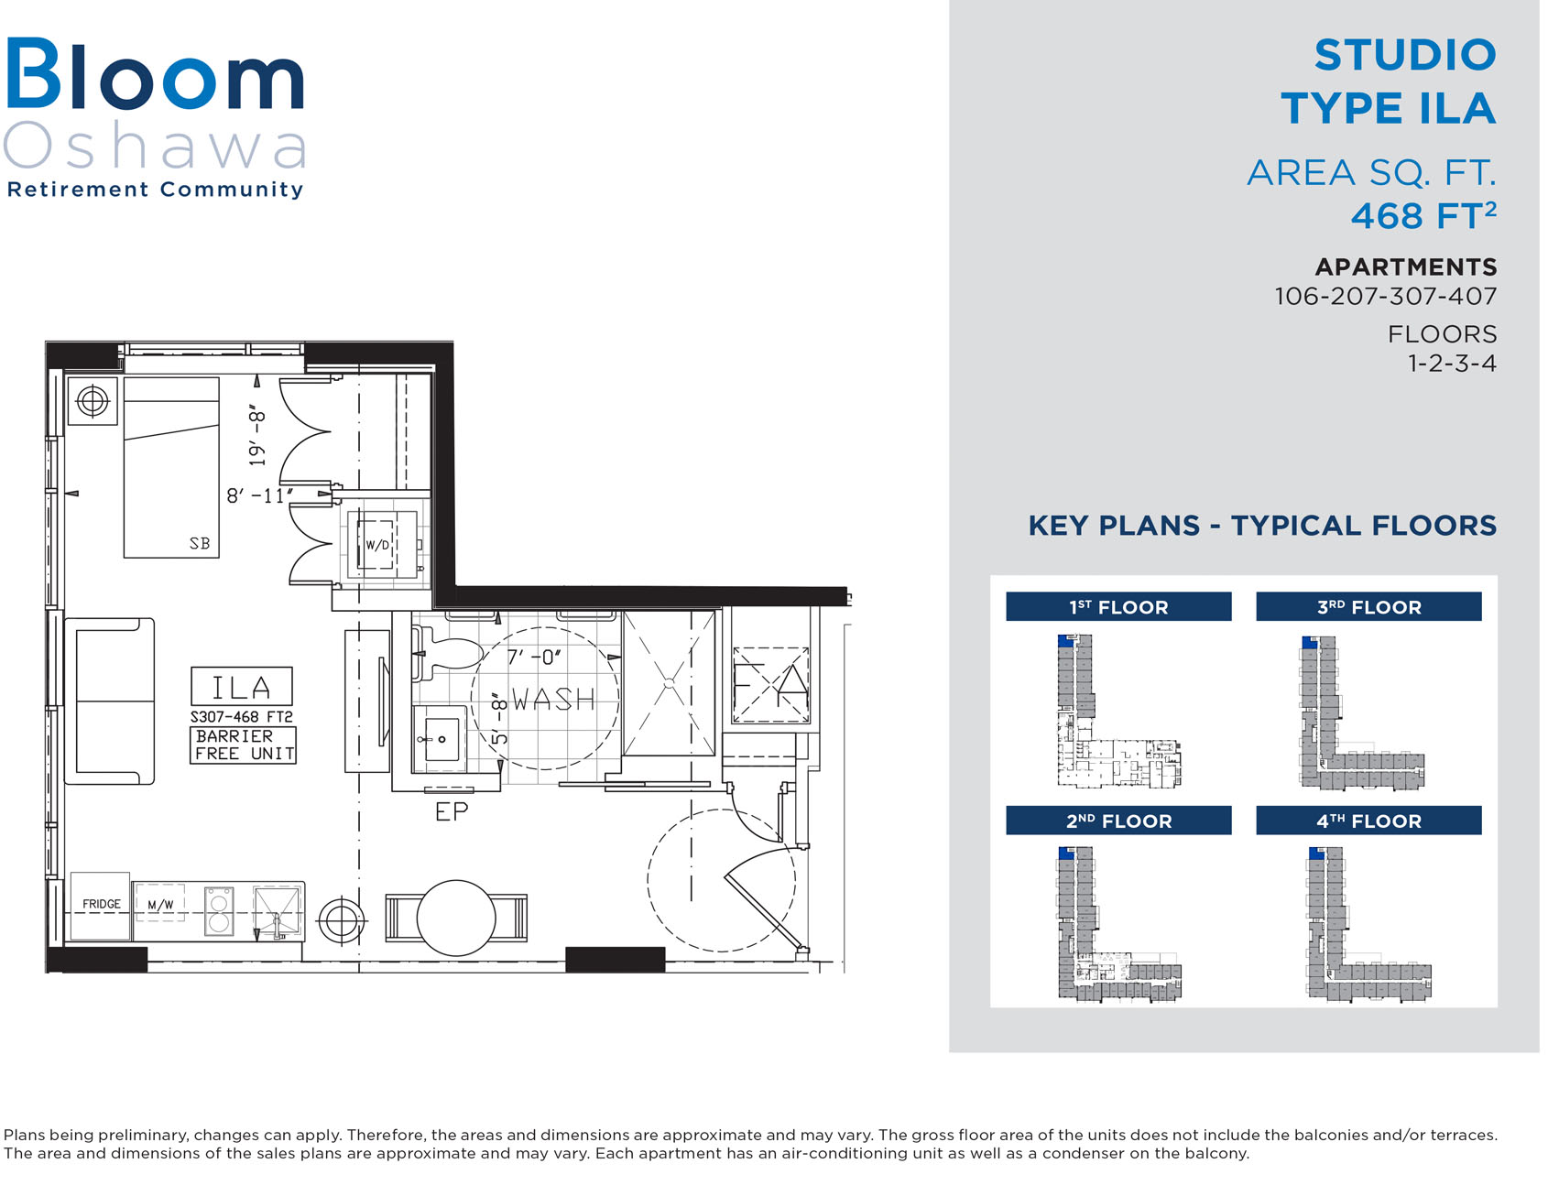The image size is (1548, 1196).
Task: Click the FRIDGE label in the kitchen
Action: point(101,904)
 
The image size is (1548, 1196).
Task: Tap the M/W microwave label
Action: point(160,905)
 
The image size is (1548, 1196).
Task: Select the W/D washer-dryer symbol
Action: point(377,545)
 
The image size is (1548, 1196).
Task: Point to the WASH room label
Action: point(553,700)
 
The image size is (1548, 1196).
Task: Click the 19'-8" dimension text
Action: point(257,437)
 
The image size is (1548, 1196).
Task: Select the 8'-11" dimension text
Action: point(260,495)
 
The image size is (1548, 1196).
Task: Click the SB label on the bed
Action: point(200,543)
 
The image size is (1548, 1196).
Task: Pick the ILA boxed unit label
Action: point(242,687)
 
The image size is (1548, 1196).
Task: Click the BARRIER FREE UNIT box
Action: point(243,745)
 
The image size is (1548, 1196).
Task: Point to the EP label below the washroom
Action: point(452,811)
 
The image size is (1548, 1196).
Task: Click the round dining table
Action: point(456,918)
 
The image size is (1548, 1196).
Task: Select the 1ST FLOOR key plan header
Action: point(1118,607)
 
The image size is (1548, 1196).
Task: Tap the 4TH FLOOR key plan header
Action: point(1368,821)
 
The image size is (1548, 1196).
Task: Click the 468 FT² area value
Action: point(1423,216)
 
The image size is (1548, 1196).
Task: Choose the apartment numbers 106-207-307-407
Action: point(1386,297)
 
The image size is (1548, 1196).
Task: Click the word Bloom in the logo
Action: point(155,74)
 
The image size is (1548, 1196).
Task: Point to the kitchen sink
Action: point(277,912)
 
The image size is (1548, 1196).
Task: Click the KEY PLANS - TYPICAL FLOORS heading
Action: point(1262,526)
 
